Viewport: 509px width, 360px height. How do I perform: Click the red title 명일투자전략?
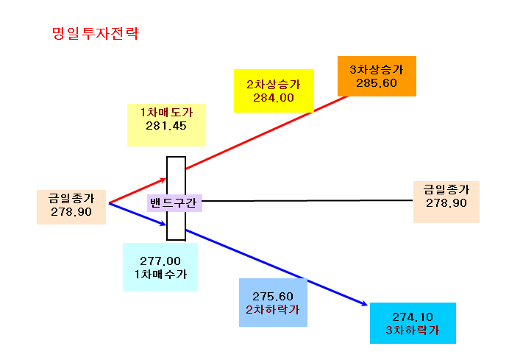96,33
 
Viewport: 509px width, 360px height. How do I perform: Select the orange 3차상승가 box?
377,76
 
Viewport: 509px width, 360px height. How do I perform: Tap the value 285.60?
377,83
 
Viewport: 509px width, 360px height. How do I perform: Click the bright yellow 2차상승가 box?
274,91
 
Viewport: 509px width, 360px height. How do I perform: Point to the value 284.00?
274,98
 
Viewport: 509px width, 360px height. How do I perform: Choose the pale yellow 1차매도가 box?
166,125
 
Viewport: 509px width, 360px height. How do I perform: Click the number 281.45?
166,126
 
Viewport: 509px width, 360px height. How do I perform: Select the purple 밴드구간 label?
174,203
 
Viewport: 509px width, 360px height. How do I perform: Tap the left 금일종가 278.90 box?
71,208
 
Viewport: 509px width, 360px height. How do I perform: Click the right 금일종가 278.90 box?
446,202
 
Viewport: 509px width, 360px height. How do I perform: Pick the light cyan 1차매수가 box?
160,267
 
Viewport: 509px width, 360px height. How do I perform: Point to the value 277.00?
160,261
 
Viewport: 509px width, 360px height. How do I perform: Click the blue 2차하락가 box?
274,303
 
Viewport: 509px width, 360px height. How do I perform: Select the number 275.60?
273,296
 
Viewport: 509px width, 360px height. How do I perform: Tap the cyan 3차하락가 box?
413,323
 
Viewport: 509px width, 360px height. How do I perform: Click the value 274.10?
413,317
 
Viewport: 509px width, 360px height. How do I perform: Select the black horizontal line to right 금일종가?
307,201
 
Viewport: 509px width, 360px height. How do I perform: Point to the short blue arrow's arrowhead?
164,224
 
